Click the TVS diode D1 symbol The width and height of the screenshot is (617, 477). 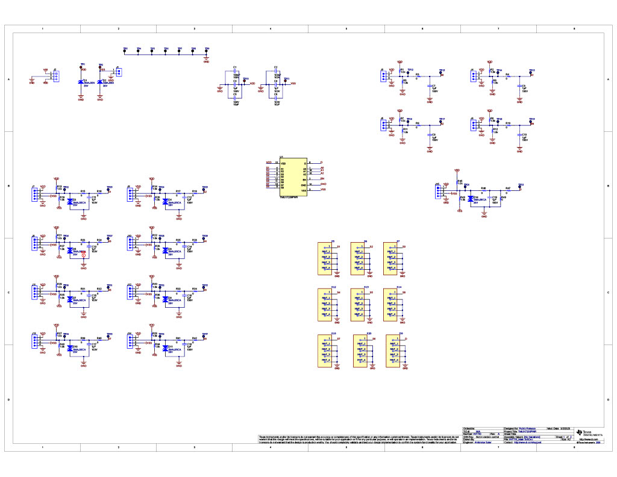point(82,81)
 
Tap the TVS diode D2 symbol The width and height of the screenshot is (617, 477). point(99,81)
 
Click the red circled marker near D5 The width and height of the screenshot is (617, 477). point(84,255)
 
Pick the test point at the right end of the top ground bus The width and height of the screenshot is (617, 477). point(207,52)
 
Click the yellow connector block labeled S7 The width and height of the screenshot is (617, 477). point(328,351)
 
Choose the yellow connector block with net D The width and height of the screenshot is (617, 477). point(394,351)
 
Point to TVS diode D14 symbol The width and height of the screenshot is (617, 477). point(470,198)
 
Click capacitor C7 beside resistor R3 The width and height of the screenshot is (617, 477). point(430,87)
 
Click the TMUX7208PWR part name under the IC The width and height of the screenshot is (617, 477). point(289,197)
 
